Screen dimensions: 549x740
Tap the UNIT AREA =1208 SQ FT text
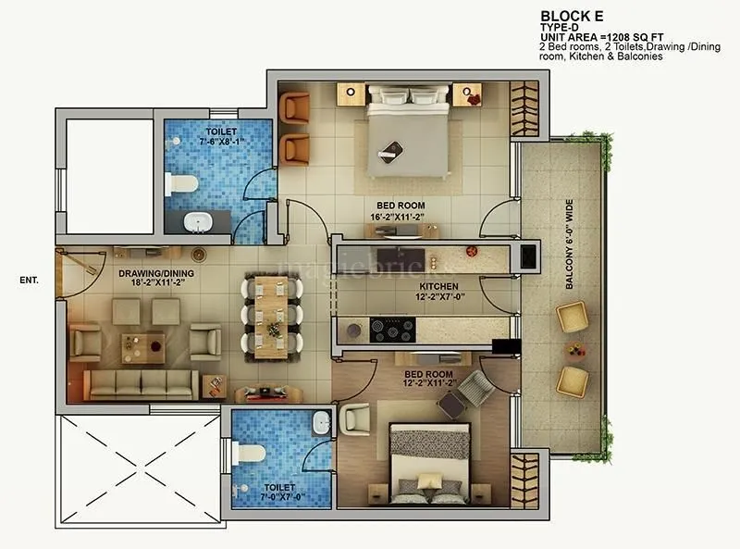[602, 37]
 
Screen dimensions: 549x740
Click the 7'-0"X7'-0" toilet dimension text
[279, 497]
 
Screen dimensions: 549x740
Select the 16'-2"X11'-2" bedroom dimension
[401, 218]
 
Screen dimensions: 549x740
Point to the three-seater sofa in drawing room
[141, 383]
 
